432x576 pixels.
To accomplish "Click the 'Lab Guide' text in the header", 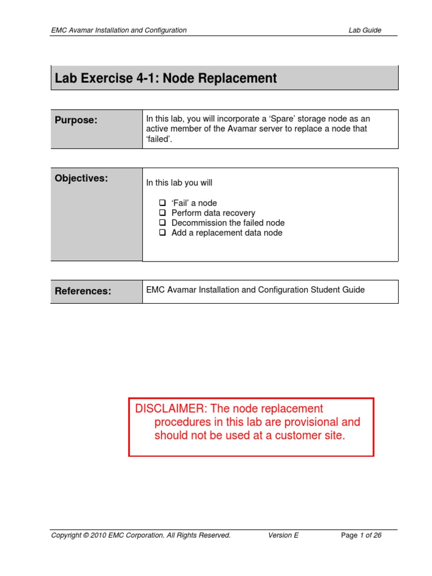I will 364,30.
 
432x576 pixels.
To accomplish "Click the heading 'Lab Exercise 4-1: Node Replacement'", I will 166,79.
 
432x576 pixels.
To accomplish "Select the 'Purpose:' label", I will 76,120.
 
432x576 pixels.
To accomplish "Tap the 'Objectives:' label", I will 81,178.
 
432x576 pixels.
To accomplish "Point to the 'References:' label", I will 83,291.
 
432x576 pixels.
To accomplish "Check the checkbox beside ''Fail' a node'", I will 162,203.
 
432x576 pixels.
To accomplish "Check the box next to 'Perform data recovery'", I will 162,213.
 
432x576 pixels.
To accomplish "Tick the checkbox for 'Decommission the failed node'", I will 162,223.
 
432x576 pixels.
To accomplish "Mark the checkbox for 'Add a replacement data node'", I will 162,233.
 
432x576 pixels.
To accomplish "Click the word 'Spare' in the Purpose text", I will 281,119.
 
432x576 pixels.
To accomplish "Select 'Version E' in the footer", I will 283,535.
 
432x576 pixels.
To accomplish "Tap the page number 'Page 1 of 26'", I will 361,535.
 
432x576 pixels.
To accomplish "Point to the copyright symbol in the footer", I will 86,535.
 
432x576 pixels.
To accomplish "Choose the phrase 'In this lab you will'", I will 179,183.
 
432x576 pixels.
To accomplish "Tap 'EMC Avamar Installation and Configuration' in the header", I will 119,30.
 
